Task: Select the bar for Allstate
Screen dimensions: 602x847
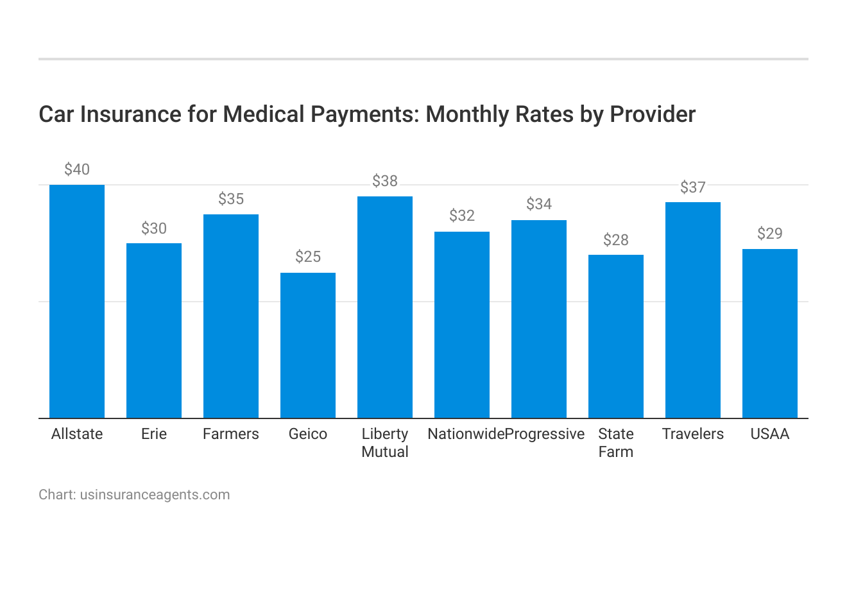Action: pos(77,302)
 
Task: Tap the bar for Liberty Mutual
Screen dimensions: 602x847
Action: pos(385,307)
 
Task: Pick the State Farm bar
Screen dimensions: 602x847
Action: pos(616,336)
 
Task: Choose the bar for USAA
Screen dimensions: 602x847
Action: pos(770,334)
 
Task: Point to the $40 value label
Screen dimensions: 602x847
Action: pos(77,169)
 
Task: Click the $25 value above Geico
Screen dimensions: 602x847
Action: pos(308,257)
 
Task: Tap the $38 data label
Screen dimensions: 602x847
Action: pos(385,181)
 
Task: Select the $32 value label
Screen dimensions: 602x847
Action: pos(462,216)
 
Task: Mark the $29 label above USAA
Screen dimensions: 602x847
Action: pos(770,233)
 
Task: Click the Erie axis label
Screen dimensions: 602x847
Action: pos(154,434)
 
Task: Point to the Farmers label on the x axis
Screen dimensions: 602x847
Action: pos(231,434)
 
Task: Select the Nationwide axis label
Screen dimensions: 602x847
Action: pos(466,434)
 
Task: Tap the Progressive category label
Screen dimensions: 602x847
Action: pos(545,434)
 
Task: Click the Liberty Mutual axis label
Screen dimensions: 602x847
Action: pos(385,443)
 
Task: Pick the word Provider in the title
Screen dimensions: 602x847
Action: pos(653,114)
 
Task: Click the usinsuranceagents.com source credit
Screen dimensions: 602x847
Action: pos(155,495)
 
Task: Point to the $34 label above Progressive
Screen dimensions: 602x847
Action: pos(539,204)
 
